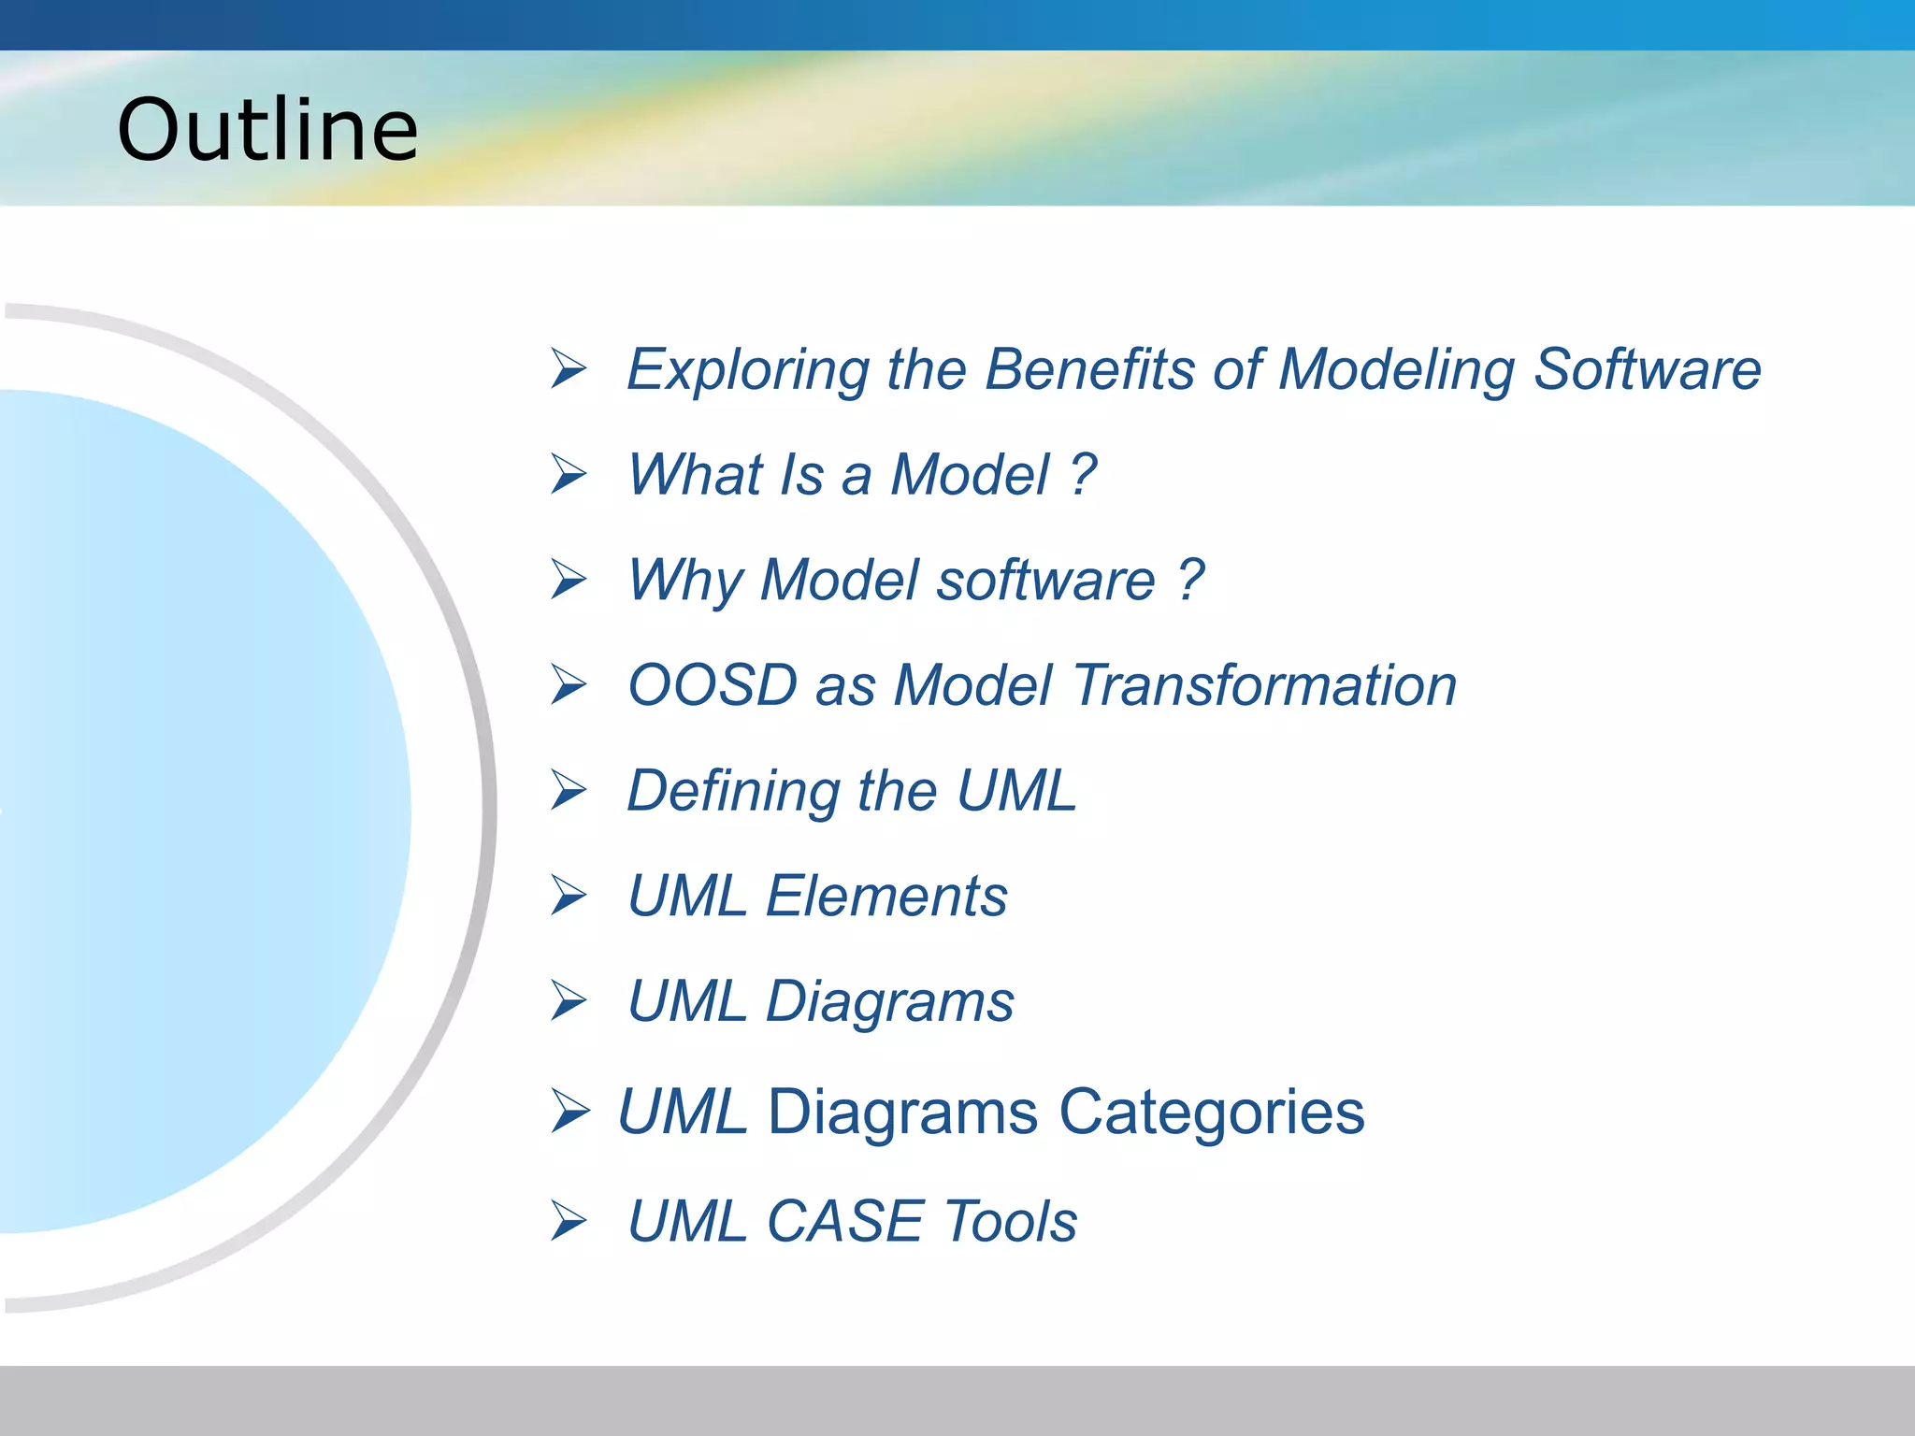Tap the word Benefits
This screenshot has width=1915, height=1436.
pos(1089,368)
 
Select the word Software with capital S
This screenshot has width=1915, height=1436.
pos(1648,368)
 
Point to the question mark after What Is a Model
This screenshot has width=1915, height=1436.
pos(1084,474)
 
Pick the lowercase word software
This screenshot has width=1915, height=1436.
pos(1045,580)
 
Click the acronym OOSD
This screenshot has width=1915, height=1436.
pos(712,685)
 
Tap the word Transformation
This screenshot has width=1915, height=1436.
pos(1264,685)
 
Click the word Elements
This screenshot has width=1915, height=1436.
pos(886,896)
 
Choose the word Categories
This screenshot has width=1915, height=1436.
pos(1211,1112)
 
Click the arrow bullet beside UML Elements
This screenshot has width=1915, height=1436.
pos(568,895)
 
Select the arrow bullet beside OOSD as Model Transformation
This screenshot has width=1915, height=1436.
pos(568,684)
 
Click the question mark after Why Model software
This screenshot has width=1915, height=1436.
pos(1190,580)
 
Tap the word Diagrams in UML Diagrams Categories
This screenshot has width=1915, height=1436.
pos(901,1112)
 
